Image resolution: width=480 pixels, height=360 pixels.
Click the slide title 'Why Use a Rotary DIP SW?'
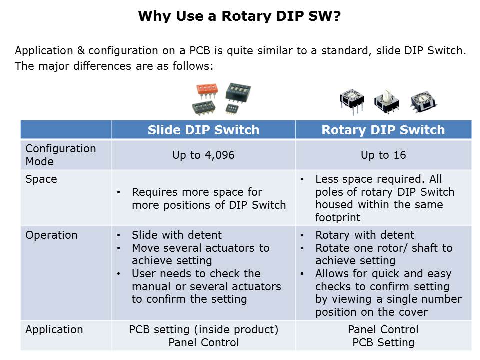pos(239,16)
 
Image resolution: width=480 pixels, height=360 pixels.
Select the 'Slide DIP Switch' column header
pos(203,130)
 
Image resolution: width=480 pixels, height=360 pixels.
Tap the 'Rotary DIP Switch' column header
pos(383,130)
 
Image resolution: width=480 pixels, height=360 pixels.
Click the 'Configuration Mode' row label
pos(61,155)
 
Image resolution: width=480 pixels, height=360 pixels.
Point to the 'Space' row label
pos(41,179)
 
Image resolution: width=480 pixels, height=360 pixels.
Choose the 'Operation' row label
pos(51,235)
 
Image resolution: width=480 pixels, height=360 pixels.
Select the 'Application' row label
pos(54,329)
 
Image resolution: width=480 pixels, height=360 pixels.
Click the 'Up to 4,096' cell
pos(203,155)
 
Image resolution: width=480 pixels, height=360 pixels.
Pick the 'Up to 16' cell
pos(383,155)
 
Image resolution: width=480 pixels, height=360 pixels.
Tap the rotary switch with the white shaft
pos(387,101)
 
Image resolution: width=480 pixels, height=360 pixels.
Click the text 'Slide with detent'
pos(177,235)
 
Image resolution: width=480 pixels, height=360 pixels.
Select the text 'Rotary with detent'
pos(365,235)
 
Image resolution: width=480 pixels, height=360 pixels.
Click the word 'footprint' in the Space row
pos(338,217)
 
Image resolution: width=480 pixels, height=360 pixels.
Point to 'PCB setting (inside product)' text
pos(204,329)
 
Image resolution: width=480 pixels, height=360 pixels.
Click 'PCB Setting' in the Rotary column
pos(383,342)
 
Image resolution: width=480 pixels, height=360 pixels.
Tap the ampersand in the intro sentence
pos(81,50)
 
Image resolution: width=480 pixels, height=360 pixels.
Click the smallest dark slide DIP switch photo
pos(231,109)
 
